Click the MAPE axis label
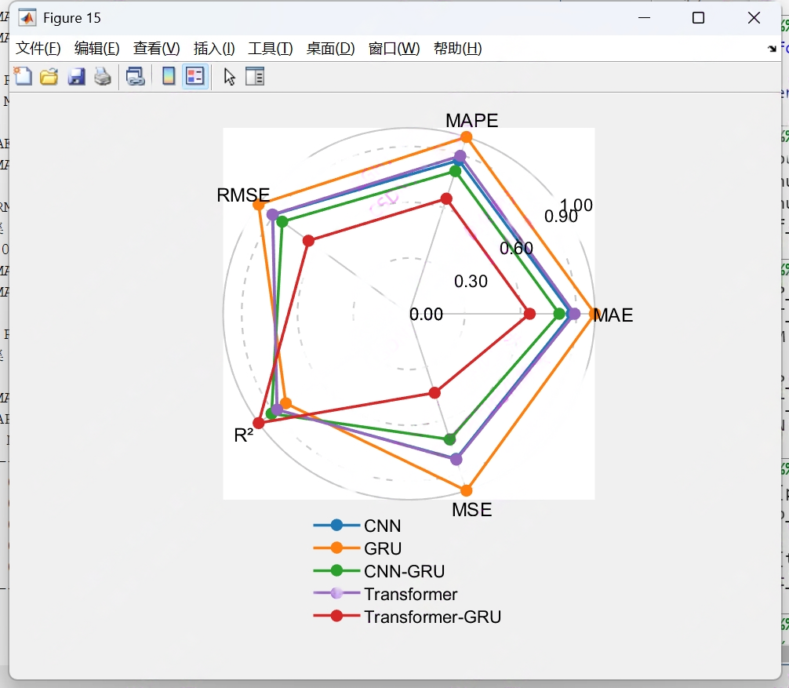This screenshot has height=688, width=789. (x=471, y=120)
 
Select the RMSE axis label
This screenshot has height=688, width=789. (x=243, y=195)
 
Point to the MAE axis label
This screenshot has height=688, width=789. (x=613, y=315)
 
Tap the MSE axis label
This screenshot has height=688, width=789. (x=471, y=510)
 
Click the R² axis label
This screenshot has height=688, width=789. (x=244, y=435)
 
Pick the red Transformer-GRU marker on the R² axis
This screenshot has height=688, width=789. (x=259, y=424)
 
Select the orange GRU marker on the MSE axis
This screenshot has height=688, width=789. (x=467, y=490)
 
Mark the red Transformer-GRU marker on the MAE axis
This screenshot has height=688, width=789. (x=529, y=314)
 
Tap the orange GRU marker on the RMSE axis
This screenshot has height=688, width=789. (x=259, y=205)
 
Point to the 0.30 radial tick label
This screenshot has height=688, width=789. (x=471, y=282)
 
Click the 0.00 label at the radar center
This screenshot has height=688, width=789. (x=426, y=315)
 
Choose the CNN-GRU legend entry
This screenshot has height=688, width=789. (x=404, y=571)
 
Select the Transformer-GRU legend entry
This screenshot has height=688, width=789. (x=431, y=617)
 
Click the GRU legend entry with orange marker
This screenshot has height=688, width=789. (x=383, y=548)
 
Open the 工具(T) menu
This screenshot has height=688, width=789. (x=270, y=49)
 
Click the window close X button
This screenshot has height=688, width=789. (x=754, y=18)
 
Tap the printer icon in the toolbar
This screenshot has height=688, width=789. (x=103, y=76)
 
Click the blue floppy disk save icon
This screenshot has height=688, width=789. (x=76, y=76)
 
